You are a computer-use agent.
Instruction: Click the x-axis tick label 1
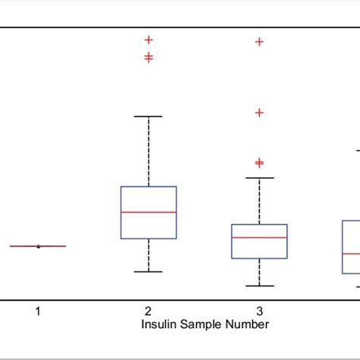38,311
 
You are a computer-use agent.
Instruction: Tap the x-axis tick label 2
148,311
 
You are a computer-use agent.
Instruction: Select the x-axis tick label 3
259,311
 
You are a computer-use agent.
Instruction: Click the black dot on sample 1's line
38,246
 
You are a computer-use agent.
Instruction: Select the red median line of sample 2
149,212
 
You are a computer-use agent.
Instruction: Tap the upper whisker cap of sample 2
149,116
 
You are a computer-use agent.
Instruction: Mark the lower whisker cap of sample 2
149,271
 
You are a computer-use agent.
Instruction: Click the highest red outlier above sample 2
149,39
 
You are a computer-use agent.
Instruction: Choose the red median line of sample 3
259,238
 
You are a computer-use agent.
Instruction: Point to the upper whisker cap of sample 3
259,178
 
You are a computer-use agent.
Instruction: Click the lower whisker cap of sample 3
259,286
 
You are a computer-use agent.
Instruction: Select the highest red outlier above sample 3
259,42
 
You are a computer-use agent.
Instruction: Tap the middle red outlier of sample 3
259,112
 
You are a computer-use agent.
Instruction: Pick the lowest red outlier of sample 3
259,163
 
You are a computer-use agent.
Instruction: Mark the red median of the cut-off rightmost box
350,253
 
